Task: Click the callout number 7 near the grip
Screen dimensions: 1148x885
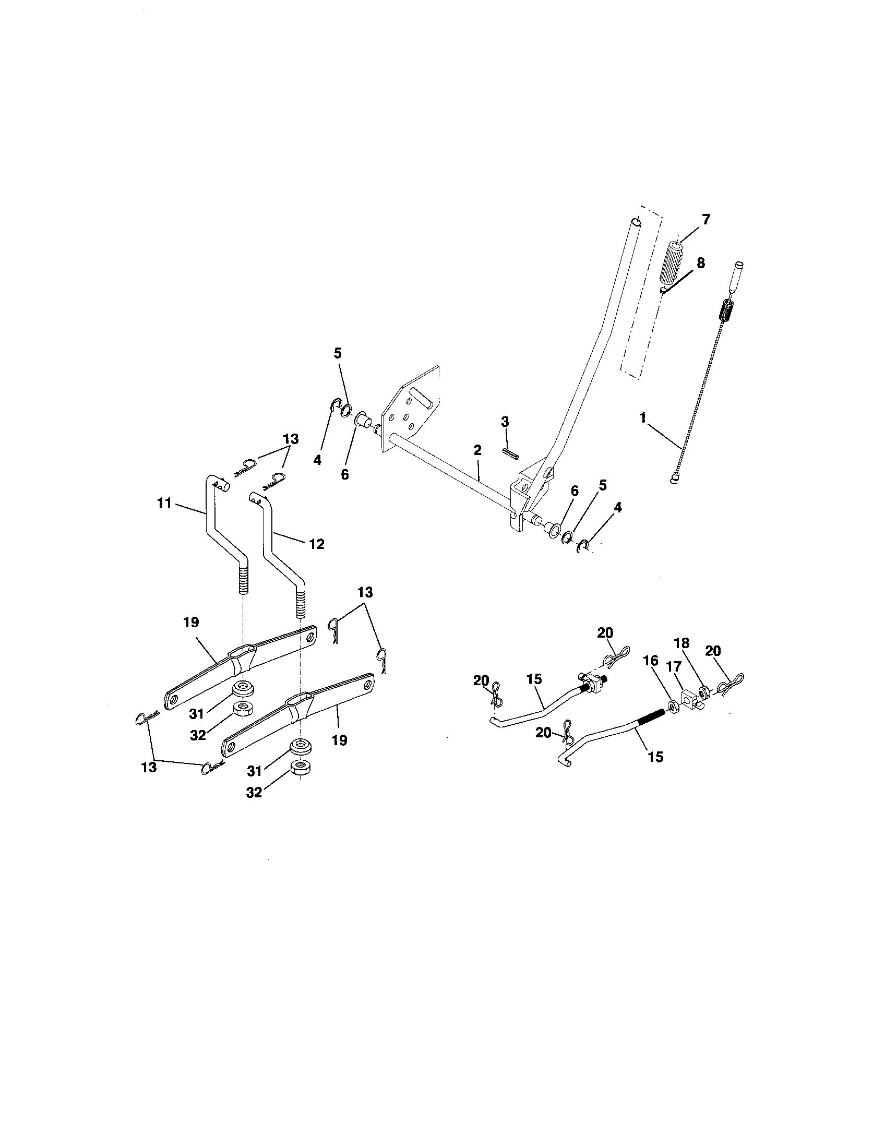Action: coord(706,219)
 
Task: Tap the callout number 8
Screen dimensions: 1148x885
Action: coord(700,263)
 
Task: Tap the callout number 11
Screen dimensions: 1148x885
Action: coord(164,503)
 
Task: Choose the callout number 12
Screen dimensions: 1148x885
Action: coord(316,544)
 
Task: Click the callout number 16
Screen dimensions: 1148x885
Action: coord(651,661)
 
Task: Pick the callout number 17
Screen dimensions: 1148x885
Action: coord(673,666)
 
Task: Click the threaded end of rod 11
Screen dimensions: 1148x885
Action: coord(243,580)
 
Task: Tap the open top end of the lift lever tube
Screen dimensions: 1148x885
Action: coord(637,223)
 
